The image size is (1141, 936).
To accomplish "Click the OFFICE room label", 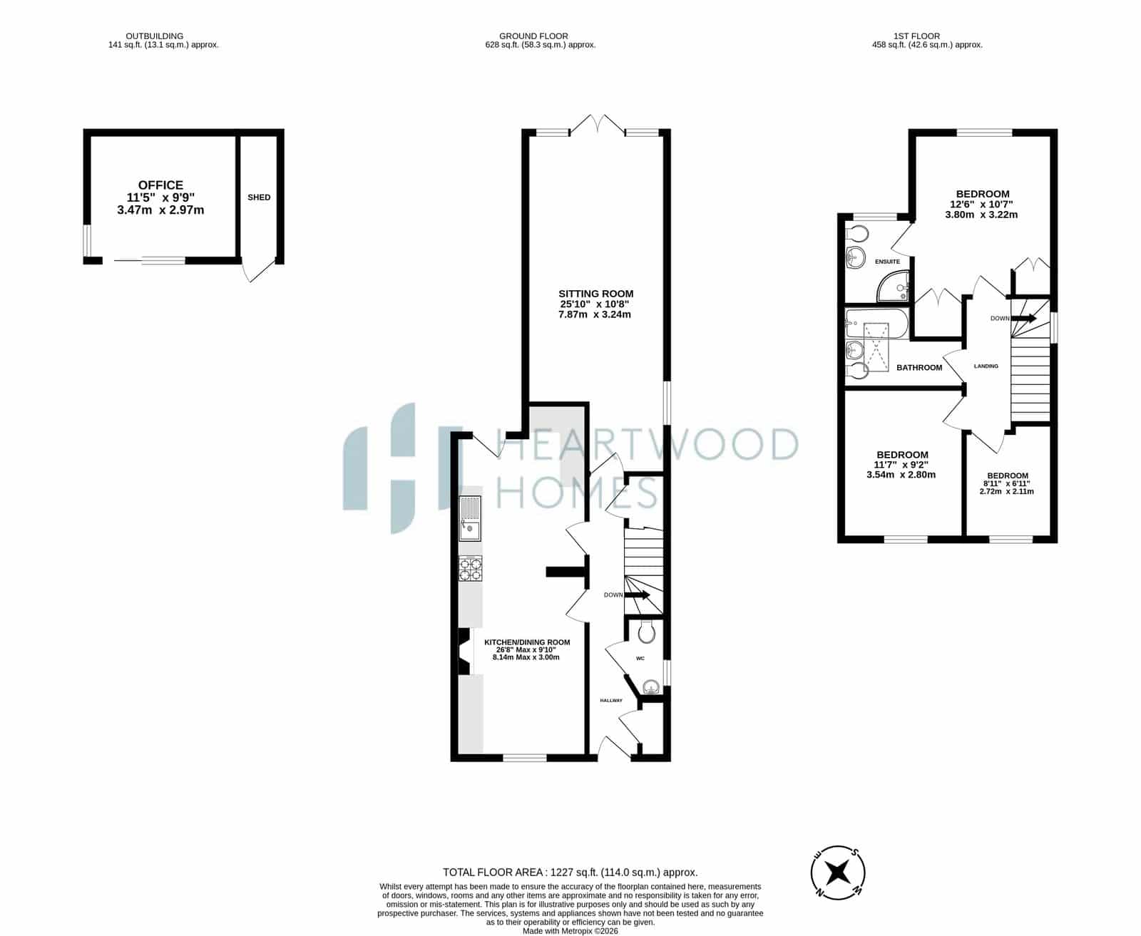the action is pos(160,185).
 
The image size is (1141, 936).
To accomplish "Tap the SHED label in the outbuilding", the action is pos(259,197).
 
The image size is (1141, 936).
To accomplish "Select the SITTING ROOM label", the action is pos(595,294).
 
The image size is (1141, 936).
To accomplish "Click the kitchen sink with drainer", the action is pos(470,518).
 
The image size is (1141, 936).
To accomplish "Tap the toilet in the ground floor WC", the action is pos(646,631).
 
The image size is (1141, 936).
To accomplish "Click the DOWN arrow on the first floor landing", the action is pos(1023,319).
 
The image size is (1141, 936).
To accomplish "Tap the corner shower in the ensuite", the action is pos(894,287).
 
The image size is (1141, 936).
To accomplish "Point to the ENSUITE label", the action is pos(887,262).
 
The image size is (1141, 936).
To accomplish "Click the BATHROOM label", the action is pos(919,368).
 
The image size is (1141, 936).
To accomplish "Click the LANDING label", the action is pos(986,366).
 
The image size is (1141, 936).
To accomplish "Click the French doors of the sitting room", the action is pos(597,124).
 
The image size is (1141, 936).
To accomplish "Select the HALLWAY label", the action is pos(611,700).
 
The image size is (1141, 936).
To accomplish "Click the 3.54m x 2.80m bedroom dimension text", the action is pos(901,475).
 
